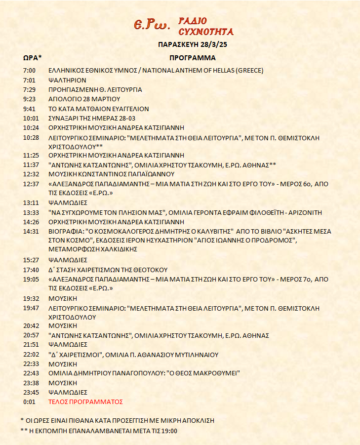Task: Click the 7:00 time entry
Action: pyautogui.click(x=29, y=71)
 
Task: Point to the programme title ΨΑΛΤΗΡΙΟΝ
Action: pyautogui.click(x=67, y=80)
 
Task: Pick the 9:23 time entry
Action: pyautogui.click(x=29, y=99)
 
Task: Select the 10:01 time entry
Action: pyautogui.click(x=31, y=118)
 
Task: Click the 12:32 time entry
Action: pyautogui.click(x=31, y=174)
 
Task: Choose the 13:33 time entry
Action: pyautogui.click(x=31, y=212)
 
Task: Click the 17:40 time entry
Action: pyautogui.click(x=31, y=270)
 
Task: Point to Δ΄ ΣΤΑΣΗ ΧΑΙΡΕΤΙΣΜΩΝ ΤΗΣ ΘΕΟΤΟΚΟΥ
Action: pyautogui.click(x=108, y=270)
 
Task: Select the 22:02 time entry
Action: pyautogui.click(x=31, y=355)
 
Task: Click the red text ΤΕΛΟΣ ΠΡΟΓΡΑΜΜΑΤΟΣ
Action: pyautogui.click(x=85, y=402)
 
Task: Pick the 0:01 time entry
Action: pyautogui.click(x=29, y=402)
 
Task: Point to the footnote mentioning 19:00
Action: pyautogui.click(x=99, y=431)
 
